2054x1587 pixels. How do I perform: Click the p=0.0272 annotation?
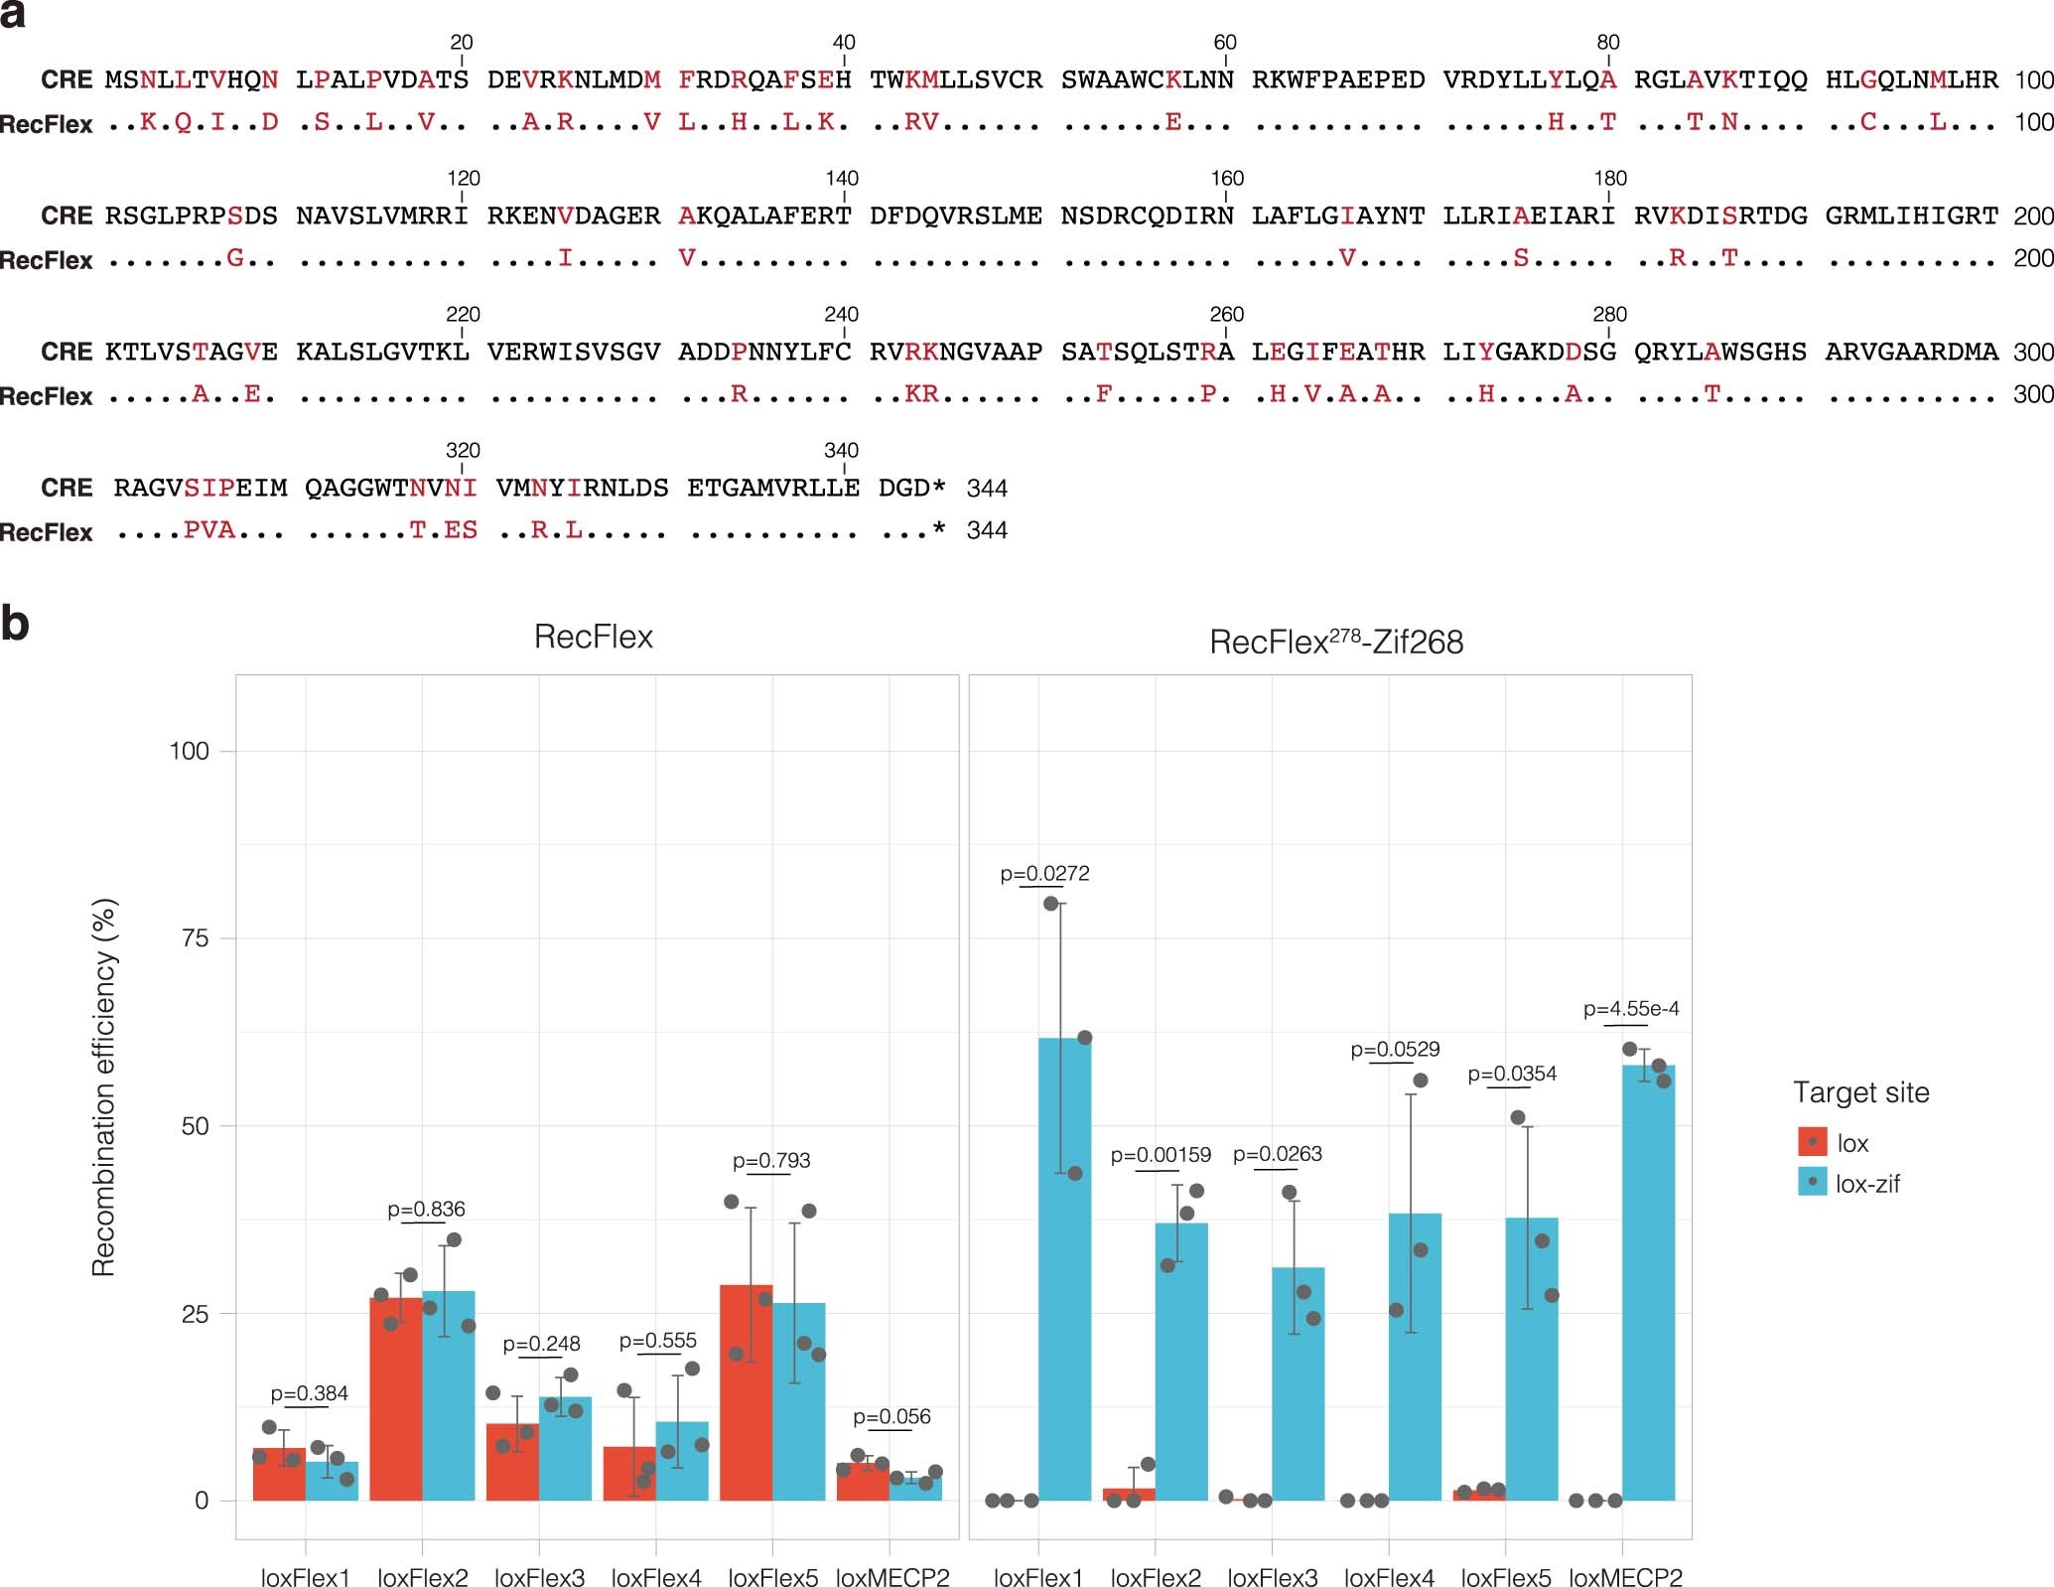point(1044,874)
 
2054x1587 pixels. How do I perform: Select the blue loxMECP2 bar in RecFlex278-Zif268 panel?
point(1649,1282)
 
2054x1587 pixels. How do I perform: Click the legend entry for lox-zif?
point(1867,1184)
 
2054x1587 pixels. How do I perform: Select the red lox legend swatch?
point(1812,1142)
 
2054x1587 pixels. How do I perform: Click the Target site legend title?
point(1860,1092)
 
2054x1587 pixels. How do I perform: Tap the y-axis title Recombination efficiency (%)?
point(104,1087)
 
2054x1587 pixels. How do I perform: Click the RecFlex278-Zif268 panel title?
point(1335,643)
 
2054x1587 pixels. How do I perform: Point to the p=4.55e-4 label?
point(1631,1009)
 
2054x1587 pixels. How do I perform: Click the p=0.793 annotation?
point(771,1160)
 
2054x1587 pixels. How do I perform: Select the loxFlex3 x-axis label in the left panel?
point(539,1577)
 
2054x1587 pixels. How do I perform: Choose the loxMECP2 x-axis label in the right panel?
point(1625,1577)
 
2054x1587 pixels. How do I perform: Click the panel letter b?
point(15,624)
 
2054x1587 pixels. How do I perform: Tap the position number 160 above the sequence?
point(1227,179)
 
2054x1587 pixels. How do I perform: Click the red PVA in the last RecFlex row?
point(209,530)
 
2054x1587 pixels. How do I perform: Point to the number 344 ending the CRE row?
point(987,489)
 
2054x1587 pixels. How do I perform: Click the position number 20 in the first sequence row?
point(462,43)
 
